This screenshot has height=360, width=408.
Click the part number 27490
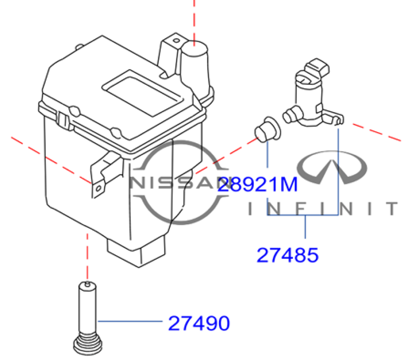199,323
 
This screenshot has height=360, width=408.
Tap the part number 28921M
257,184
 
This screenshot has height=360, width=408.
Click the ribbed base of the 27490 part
88,344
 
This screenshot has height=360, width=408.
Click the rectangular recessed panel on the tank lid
143,93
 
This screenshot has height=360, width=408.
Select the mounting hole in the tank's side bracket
98,188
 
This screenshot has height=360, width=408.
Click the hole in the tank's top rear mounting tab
176,40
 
